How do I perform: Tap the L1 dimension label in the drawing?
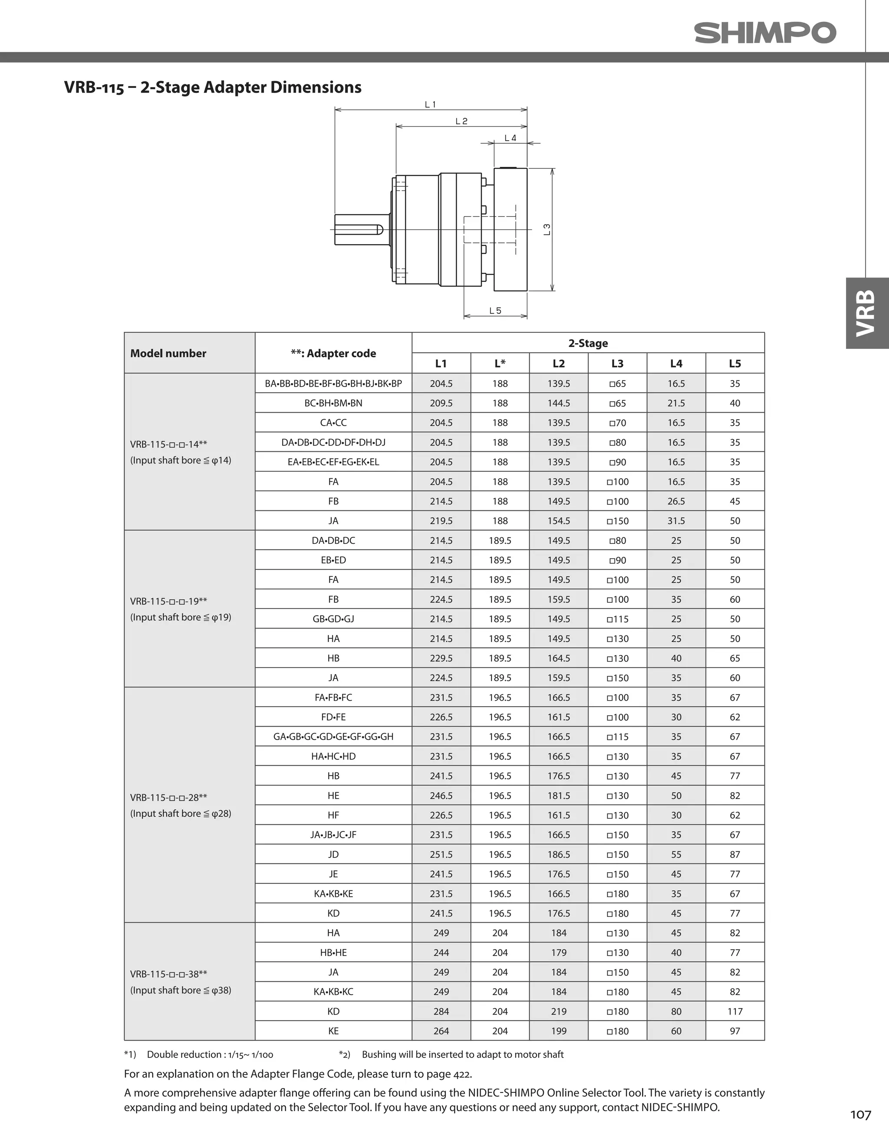430,105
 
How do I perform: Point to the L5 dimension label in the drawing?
495,311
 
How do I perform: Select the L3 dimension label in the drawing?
547,229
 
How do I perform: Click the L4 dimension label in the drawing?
510,138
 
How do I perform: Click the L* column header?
500,363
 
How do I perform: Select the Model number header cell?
168,353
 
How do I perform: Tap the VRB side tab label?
866,313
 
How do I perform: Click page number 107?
860,1115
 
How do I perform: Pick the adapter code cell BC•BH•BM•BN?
333,403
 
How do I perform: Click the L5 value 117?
735,1011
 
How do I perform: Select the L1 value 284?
441,1011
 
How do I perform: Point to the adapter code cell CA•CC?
333,423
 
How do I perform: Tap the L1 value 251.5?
441,854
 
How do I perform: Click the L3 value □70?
617,423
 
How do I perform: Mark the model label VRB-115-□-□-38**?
169,974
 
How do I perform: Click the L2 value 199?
558,1031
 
